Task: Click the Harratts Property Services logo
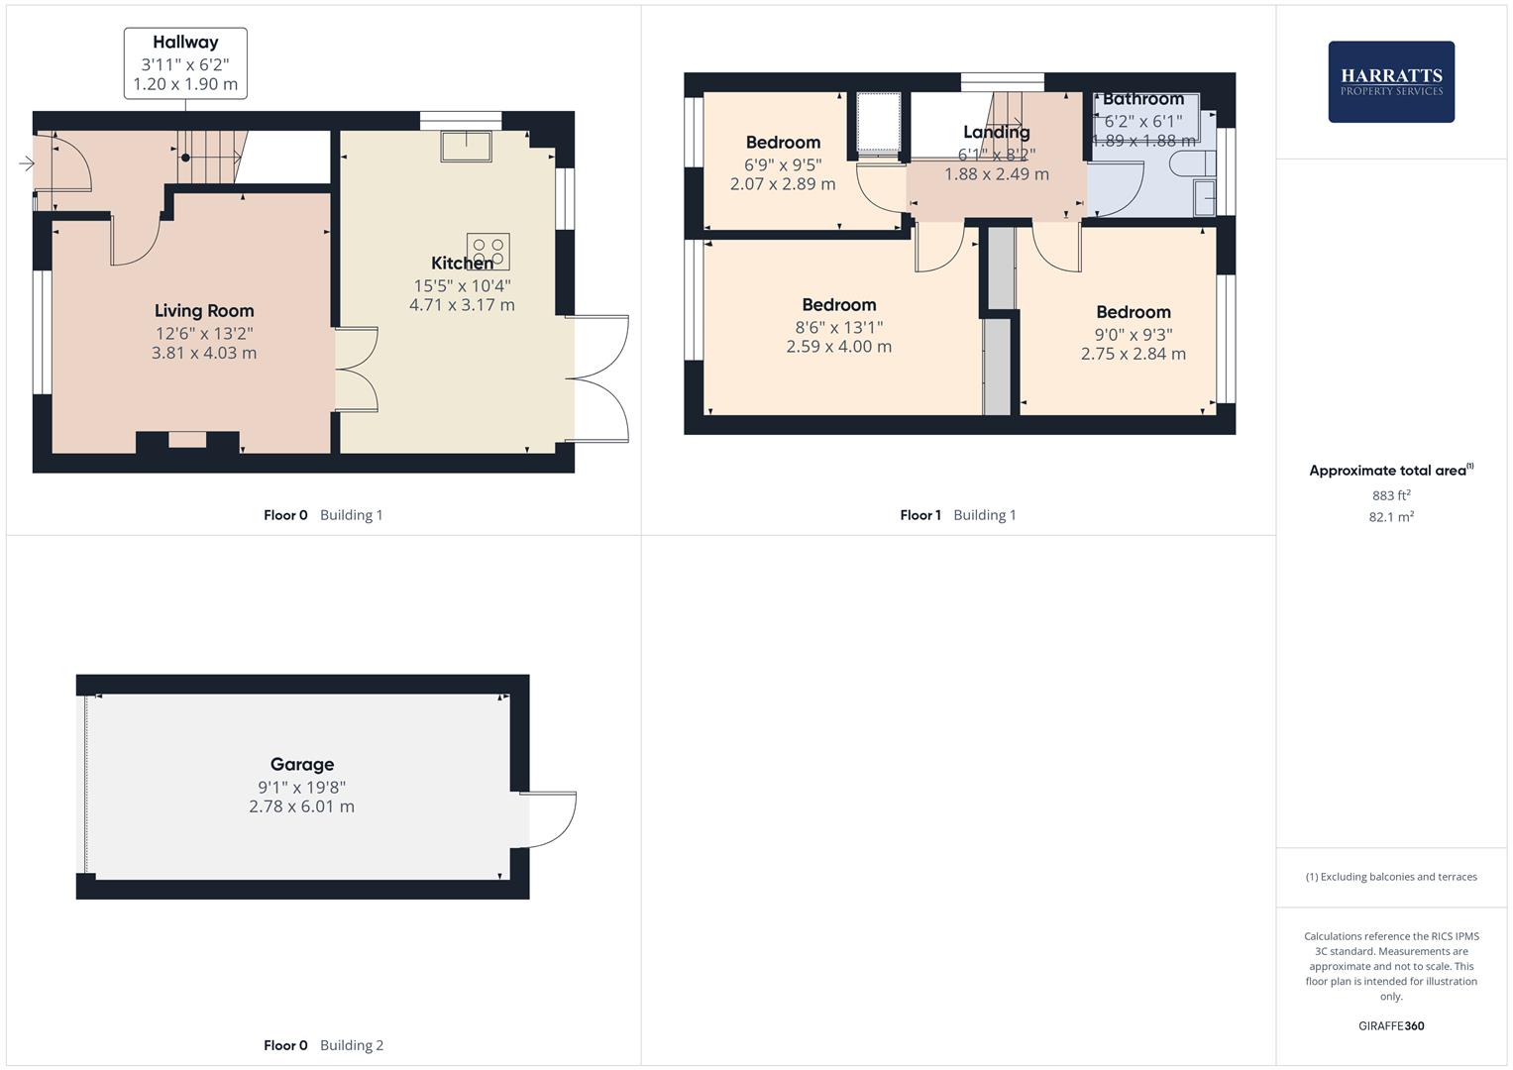pyautogui.click(x=1390, y=81)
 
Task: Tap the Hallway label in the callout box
pyautogui.click(x=185, y=43)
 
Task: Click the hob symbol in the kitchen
pyautogui.click(x=487, y=251)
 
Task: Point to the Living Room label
pyautogui.click(x=204, y=311)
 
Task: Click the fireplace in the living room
pyautogui.click(x=187, y=441)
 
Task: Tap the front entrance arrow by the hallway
pyautogui.click(x=26, y=163)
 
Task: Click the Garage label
pyautogui.click(x=302, y=764)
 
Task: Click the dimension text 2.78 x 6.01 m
pyautogui.click(x=301, y=806)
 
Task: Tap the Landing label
pyautogui.click(x=996, y=132)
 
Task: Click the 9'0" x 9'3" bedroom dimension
pyautogui.click(x=1133, y=335)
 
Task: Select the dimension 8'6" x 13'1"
pyautogui.click(x=838, y=327)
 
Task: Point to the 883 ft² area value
pyautogui.click(x=1390, y=495)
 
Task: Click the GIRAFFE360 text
pyautogui.click(x=1390, y=1025)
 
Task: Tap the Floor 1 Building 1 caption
pyautogui.click(x=957, y=515)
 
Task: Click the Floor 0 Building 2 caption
pyautogui.click(x=323, y=1045)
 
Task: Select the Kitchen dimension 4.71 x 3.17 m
pyautogui.click(x=462, y=305)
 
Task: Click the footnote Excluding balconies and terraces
pyautogui.click(x=1390, y=877)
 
